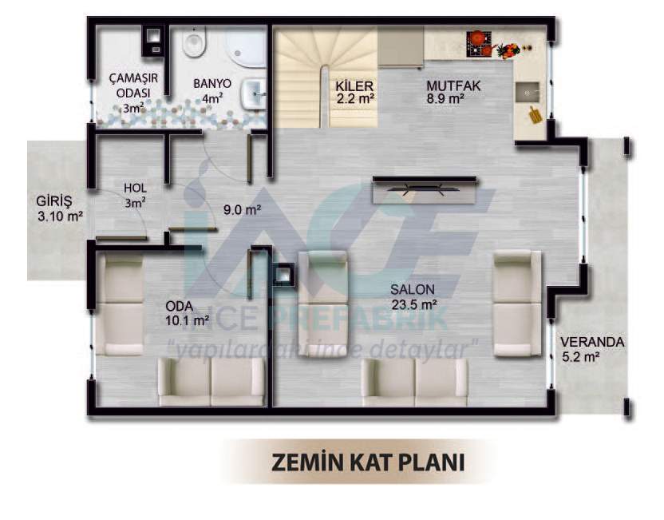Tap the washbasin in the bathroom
pos(253,94)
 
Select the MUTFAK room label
pos(453,85)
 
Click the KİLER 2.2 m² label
pos(355,93)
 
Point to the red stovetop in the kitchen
pos(480,44)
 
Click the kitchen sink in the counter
pos(528,92)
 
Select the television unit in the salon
pos(425,189)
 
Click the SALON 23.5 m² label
pos(413,297)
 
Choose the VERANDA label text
pos(592,342)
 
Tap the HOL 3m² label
pos(135,196)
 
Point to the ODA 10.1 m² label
pos(187,313)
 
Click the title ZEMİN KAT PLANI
pos(368,462)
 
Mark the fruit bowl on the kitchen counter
pos(508,50)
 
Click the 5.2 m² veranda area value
pos(580,357)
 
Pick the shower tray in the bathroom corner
pos(246,46)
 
